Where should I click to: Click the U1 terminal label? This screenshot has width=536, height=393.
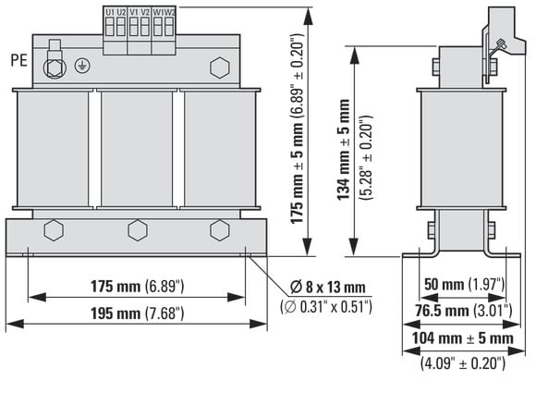110,12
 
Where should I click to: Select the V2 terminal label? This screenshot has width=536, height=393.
145,12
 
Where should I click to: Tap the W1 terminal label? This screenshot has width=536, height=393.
158,12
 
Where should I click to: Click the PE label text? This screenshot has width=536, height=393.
18,60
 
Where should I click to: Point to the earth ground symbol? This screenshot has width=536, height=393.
82,66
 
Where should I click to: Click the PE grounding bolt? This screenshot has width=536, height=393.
55,68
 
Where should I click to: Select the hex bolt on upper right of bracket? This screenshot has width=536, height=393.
219,68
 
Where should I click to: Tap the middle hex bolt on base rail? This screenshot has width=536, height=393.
138,230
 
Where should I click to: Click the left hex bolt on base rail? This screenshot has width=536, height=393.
54,230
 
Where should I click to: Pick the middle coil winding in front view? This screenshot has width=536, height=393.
137,149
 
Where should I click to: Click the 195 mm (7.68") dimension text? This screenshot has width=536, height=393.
137,313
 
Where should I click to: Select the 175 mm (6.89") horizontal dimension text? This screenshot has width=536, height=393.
137,286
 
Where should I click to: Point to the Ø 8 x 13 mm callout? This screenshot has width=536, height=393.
327,287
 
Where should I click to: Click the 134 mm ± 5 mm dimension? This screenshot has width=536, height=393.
344,150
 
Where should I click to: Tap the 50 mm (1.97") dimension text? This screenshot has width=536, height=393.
464,284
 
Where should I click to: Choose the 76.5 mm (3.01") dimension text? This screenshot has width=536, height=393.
464,311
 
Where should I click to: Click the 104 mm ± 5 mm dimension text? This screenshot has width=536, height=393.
462,338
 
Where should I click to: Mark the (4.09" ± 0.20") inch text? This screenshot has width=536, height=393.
462,362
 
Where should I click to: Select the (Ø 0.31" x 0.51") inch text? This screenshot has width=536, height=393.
326,306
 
